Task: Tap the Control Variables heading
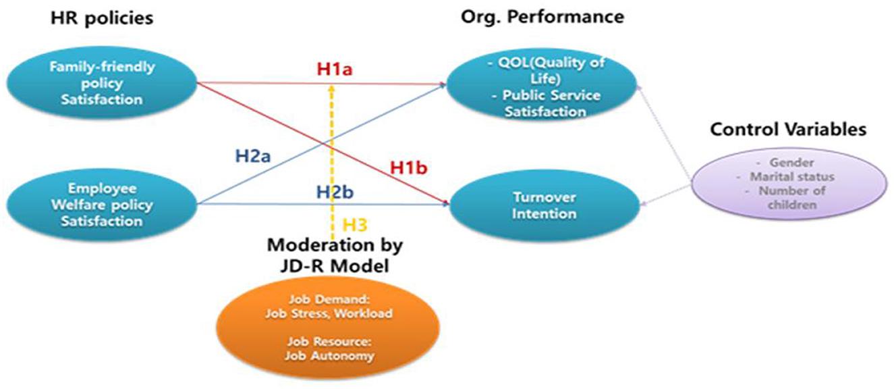coord(787,130)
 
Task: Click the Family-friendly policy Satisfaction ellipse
coord(101,84)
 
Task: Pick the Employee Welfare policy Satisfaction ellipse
coord(101,205)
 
